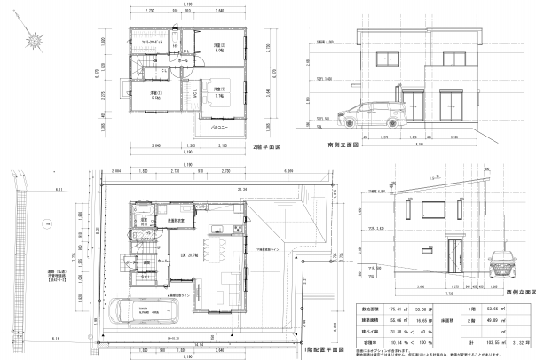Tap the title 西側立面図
coord(517,290)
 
